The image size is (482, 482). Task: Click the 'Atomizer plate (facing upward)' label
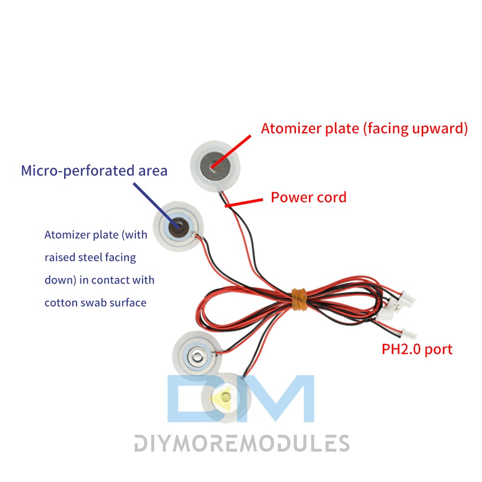click(x=364, y=129)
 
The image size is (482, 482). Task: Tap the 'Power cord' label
click(x=308, y=197)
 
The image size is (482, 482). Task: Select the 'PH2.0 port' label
click(x=417, y=349)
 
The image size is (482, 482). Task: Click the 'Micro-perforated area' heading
click(x=94, y=171)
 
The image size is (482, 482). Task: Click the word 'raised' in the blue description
click(x=60, y=257)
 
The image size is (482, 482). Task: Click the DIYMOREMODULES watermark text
click(x=241, y=443)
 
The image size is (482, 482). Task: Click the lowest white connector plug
click(x=409, y=333)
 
